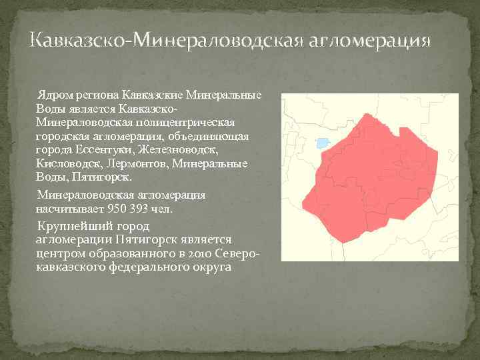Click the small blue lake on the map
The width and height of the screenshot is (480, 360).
coord(323,143)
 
